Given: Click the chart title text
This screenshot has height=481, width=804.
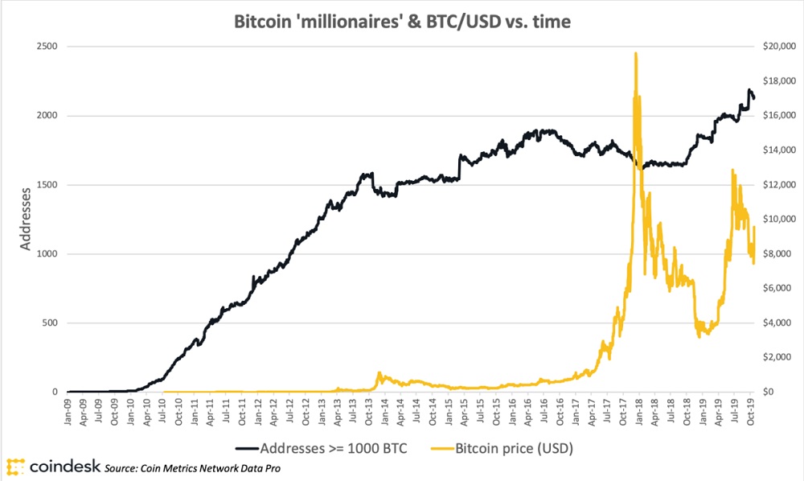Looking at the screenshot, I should (x=401, y=23).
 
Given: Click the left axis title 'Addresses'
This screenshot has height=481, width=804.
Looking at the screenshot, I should (x=27, y=219).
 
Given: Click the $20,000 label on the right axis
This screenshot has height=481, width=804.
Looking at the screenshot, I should (x=777, y=47).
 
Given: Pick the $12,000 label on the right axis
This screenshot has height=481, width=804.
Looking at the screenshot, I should (x=777, y=185).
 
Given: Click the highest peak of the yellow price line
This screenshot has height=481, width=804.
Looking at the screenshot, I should (x=636, y=53).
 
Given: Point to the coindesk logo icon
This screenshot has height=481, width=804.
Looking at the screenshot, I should (x=14, y=467).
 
